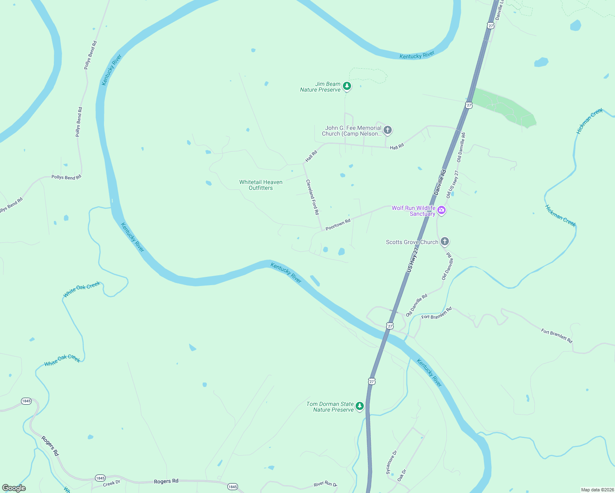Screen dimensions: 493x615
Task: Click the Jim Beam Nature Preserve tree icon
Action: click(x=347, y=86)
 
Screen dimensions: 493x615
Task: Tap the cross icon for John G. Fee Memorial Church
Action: click(x=387, y=130)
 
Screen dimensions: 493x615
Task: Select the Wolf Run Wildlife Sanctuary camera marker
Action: click(x=442, y=210)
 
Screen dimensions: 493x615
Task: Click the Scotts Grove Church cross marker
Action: click(x=444, y=241)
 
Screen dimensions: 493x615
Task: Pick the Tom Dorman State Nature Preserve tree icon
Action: click(x=360, y=406)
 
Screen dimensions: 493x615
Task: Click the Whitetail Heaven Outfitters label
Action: click(x=261, y=185)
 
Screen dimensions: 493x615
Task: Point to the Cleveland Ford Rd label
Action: click(x=312, y=197)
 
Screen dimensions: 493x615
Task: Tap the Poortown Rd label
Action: click(x=338, y=225)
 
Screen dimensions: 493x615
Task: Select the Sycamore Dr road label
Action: click(x=391, y=463)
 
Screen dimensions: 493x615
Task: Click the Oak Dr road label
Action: click(x=402, y=475)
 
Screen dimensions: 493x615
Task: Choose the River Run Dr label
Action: click(x=325, y=484)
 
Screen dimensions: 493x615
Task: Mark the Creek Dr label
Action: click(x=111, y=484)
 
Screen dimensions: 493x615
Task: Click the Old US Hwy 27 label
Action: click(x=452, y=184)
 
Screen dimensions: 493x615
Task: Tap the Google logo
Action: click(x=14, y=488)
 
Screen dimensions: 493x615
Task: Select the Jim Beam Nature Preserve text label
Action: click(x=321, y=87)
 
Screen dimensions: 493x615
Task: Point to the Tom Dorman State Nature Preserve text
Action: click(x=330, y=407)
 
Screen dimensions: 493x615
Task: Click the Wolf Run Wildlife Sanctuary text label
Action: click(x=414, y=211)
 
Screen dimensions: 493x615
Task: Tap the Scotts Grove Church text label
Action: click(x=412, y=242)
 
